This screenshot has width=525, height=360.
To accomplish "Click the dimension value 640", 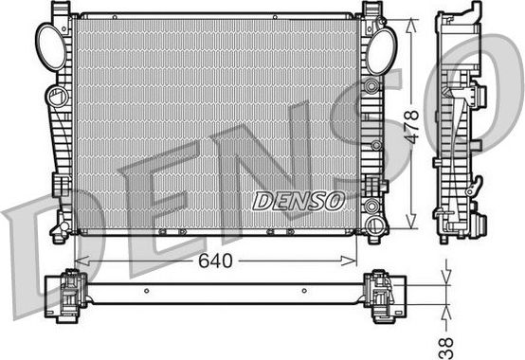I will pyautogui.click(x=217, y=259).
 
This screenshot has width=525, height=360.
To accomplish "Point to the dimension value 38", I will pyautogui.click(x=446, y=338).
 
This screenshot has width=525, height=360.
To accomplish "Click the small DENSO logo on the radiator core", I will pyautogui.click(x=299, y=200).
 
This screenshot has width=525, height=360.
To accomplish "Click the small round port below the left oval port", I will pyautogui.click(x=57, y=97).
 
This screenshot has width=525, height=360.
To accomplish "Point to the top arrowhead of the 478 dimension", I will pyautogui.click(x=410, y=20).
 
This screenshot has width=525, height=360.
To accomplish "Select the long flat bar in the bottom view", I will pyautogui.click(x=223, y=292).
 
